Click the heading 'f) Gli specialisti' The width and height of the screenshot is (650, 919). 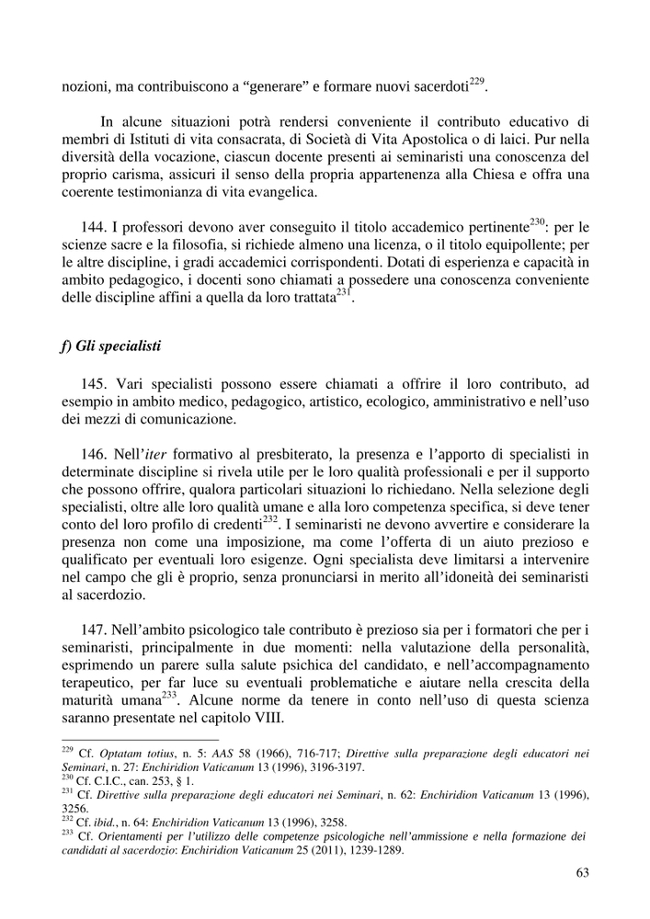click(110, 346)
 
